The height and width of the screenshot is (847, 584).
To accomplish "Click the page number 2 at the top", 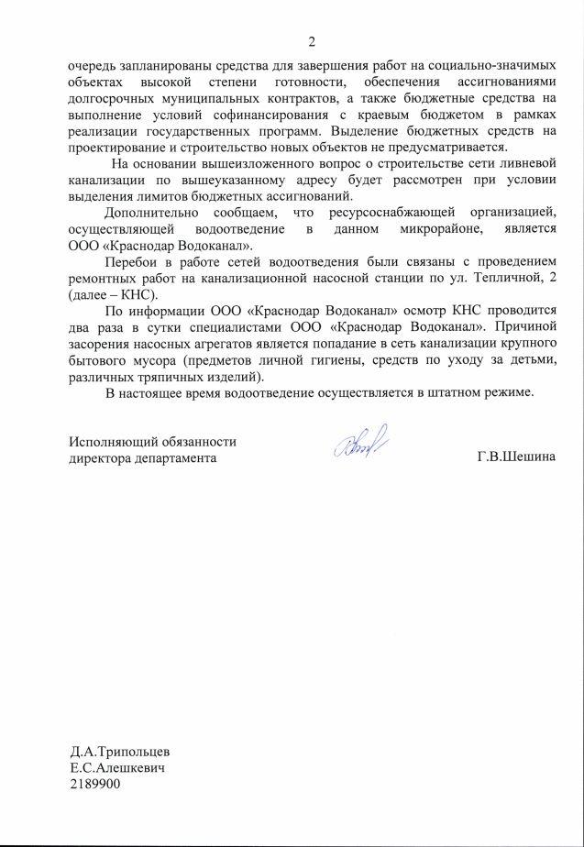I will [x=311, y=42].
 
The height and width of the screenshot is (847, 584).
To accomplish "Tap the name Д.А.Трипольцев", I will [x=124, y=751].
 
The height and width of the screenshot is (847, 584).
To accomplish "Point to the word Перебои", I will [x=132, y=261].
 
